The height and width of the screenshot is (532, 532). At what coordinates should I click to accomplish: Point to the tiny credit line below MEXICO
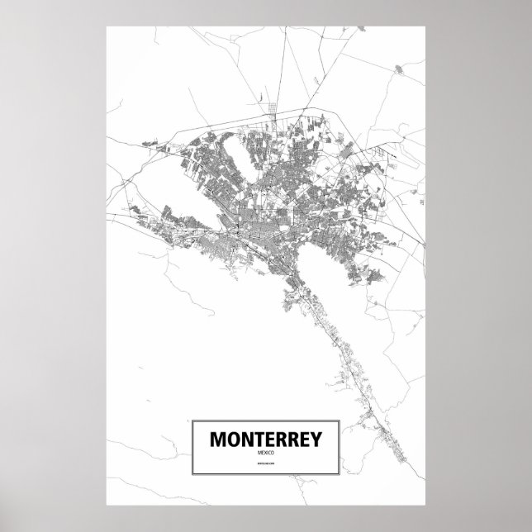(x=265, y=472)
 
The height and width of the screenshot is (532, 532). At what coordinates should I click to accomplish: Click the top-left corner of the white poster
(x=107, y=26)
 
